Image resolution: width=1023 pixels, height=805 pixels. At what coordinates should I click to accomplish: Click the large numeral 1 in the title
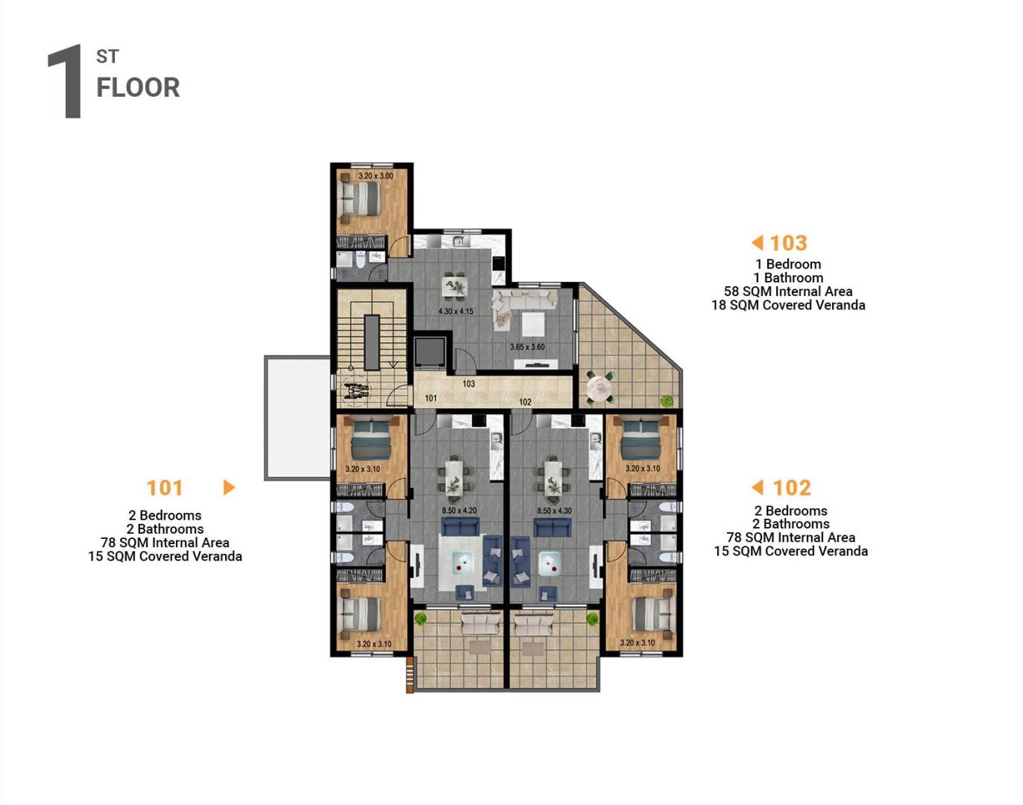point(66,81)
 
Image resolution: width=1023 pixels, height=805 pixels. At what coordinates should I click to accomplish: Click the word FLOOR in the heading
point(138,88)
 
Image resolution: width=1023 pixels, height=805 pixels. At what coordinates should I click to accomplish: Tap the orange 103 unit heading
point(788,243)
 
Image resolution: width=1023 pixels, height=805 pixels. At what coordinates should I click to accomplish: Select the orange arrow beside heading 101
point(229,487)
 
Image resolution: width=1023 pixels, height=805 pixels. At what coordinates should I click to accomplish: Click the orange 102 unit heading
point(791,488)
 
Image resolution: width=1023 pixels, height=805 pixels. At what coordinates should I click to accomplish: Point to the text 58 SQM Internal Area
point(788,291)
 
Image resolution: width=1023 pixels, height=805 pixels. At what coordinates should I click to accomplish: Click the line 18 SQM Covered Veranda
point(788,305)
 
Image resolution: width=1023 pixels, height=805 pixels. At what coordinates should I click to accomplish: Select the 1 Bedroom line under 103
point(788,264)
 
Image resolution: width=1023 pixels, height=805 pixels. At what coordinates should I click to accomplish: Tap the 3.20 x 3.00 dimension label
point(375,176)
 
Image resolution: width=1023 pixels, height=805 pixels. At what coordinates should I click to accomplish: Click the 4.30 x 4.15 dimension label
point(455,311)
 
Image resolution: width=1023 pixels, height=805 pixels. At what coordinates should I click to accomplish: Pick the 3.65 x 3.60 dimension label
point(527,347)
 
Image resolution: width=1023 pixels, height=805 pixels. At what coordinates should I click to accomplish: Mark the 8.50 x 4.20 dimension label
point(459,511)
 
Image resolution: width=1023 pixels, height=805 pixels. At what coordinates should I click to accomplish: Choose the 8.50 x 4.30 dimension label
point(554,511)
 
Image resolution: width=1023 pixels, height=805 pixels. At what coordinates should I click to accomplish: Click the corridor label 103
point(468,384)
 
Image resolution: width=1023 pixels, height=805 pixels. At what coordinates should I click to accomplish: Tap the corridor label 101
point(431,398)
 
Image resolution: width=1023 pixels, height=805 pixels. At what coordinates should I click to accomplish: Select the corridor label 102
point(525,402)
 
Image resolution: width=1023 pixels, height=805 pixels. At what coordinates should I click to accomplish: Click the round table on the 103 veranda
point(599,388)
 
